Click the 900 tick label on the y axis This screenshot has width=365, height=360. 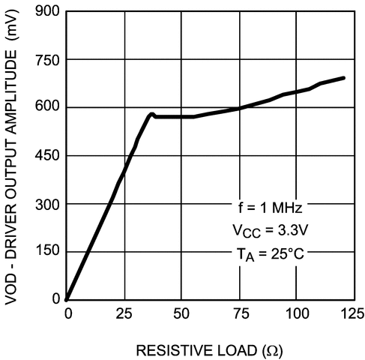tap(48, 12)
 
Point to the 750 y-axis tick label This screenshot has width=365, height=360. tap(48, 60)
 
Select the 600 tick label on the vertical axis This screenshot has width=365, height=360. tap(48, 108)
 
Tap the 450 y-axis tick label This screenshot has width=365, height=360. tap(48, 156)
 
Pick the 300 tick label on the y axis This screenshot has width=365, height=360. tap(48, 204)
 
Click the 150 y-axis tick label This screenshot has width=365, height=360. tap(48, 251)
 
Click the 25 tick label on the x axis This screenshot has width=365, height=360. tap(123, 312)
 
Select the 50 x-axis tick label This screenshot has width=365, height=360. tap(181, 312)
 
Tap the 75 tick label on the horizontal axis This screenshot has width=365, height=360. tap(239, 312)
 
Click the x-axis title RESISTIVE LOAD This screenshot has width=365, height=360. tap(209, 350)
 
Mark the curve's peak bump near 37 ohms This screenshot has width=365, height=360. tap(151, 115)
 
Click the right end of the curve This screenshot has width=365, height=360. tap(344, 78)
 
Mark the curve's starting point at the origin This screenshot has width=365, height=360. tap(67, 298)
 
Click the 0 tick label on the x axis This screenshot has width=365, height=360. tap(67, 312)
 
